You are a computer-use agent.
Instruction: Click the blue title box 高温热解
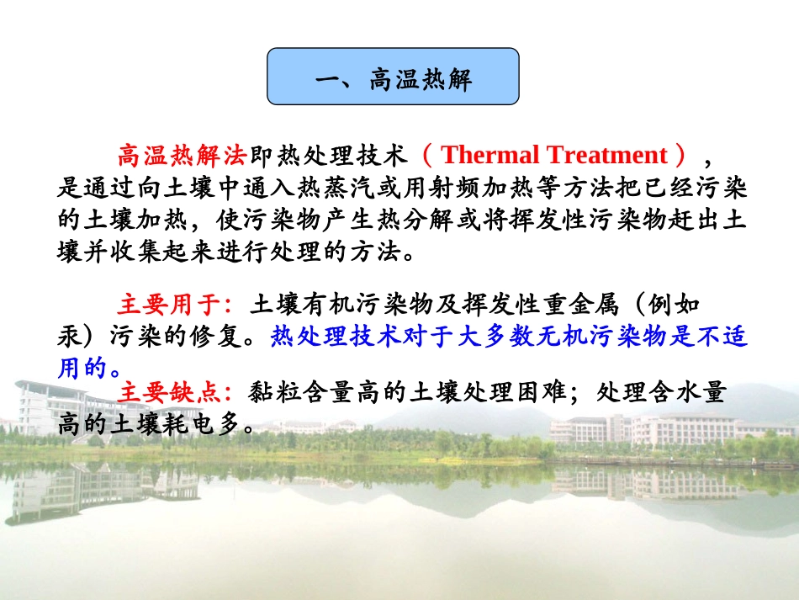[x=393, y=77]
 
